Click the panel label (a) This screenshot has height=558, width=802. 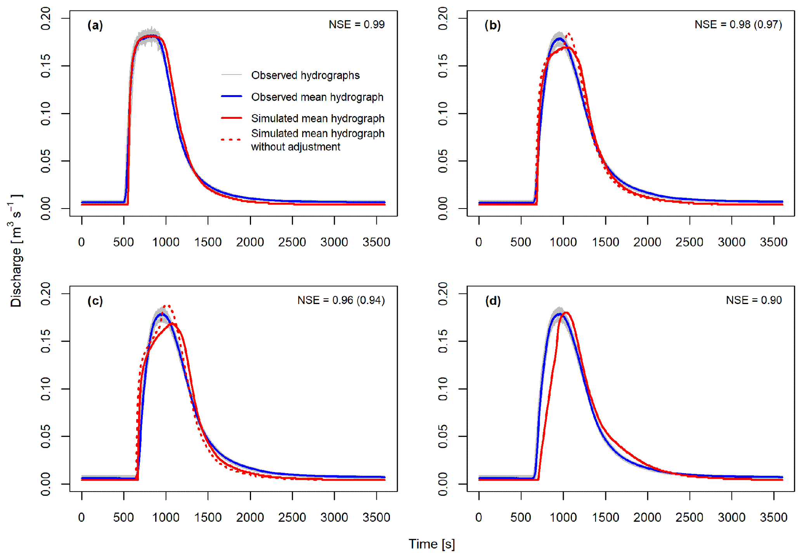tap(95, 26)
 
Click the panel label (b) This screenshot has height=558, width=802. tap(492, 26)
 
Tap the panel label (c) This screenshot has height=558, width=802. tap(95, 301)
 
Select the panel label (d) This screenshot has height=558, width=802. tap(493, 301)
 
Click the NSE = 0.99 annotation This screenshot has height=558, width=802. tap(357, 24)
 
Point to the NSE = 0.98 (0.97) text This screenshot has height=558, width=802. tap(738, 24)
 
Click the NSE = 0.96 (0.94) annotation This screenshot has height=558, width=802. tap(341, 300)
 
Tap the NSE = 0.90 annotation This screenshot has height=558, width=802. tap(754, 300)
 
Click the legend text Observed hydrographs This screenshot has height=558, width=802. tap(305, 75)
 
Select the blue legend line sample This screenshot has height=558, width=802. tap(232, 96)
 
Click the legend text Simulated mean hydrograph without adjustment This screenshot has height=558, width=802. tap(317, 140)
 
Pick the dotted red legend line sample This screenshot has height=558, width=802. tap(232, 139)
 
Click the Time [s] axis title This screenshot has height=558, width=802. tap(431, 544)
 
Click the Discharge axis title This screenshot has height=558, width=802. tap(16, 250)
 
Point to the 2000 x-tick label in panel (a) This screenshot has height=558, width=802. tap(250, 242)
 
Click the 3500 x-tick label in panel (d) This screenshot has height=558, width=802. tap(773, 518)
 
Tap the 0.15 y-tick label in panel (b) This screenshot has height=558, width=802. tap(443, 66)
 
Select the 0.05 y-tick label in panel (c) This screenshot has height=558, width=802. tap(45, 436)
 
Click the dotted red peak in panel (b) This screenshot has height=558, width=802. tap(569, 34)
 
